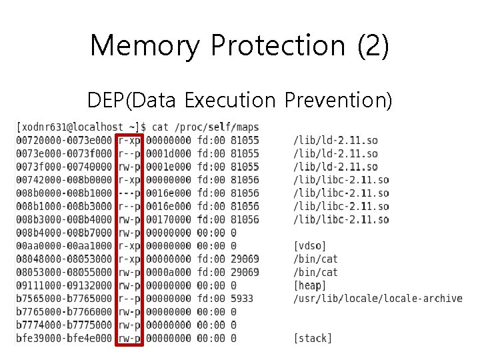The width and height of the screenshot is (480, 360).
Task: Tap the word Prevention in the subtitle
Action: (338, 101)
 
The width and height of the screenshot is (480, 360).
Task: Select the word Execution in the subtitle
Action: (229, 101)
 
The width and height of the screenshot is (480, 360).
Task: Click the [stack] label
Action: (313, 338)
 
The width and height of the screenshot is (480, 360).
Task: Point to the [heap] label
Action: (310, 285)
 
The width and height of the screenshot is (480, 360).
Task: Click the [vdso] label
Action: (310, 246)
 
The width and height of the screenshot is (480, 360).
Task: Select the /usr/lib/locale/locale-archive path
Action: (377, 299)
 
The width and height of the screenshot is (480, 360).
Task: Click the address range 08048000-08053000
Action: (64, 259)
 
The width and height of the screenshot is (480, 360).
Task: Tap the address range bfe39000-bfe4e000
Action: (64, 338)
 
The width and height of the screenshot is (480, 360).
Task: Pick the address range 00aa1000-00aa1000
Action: (64, 246)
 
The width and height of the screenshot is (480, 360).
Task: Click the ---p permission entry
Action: (129, 193)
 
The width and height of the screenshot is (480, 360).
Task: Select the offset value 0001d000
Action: (168, 154)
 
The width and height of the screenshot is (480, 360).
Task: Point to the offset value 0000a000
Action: (168, 273)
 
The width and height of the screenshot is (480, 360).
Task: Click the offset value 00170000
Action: (168, 220)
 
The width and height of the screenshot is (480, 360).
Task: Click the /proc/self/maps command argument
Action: (217, 127)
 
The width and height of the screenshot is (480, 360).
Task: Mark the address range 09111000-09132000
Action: (64, 285)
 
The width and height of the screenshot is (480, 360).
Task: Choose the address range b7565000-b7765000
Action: (64, 299)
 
